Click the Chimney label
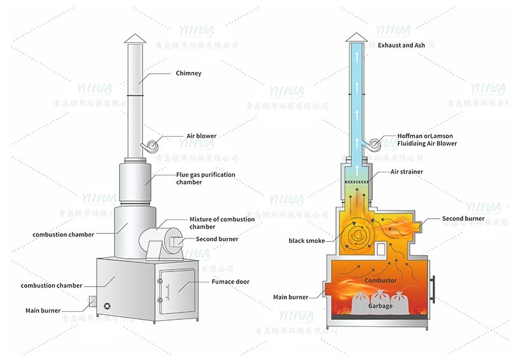(188, 73)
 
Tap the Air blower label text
(201, 136)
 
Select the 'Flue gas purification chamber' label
(206, 178)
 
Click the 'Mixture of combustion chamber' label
(221, 223)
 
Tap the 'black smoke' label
(307, 241)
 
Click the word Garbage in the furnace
(380, 306)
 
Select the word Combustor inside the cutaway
(380, 280)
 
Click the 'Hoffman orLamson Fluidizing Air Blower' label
(427, 140)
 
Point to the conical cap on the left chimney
(134, 39)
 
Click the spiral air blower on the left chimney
(151, 146)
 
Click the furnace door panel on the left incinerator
(176, 292)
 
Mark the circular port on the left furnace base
(107, 307)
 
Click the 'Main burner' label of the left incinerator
(43, 311)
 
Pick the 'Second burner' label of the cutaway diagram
(463, 219)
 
